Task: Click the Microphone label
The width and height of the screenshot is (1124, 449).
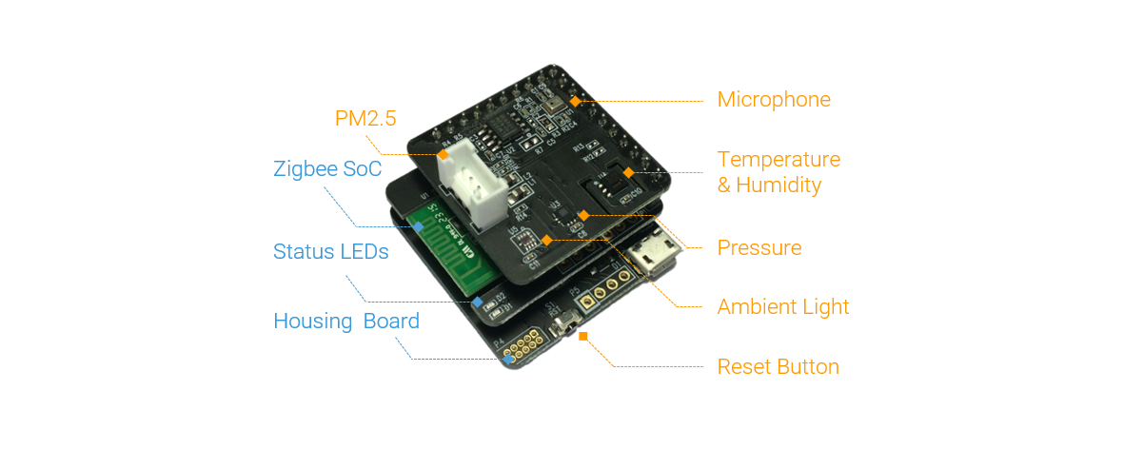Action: [x=773, y=100]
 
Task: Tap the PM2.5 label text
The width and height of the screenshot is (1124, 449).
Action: [x=365, y=119]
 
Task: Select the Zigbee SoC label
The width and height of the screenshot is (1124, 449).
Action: [x=327, y=170]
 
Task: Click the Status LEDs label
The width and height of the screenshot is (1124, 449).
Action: [x=330, y=252]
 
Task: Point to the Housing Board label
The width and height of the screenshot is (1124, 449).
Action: [x=345, y=322]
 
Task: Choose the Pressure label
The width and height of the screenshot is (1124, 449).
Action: [x=759, y=248]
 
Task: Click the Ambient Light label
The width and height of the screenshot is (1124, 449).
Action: [x=782, y=307]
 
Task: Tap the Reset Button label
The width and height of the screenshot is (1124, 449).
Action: [x=778, y=367]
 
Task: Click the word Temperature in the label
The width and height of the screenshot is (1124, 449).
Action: [x=779, y=159]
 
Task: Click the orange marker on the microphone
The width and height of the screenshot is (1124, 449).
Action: [x=575, y=99]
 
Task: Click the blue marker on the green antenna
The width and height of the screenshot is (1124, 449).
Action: [x=418, y=227]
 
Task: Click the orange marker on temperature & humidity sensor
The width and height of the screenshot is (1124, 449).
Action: [x=628, y=172]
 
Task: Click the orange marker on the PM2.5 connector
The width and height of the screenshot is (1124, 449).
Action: [x=443, y=153]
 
